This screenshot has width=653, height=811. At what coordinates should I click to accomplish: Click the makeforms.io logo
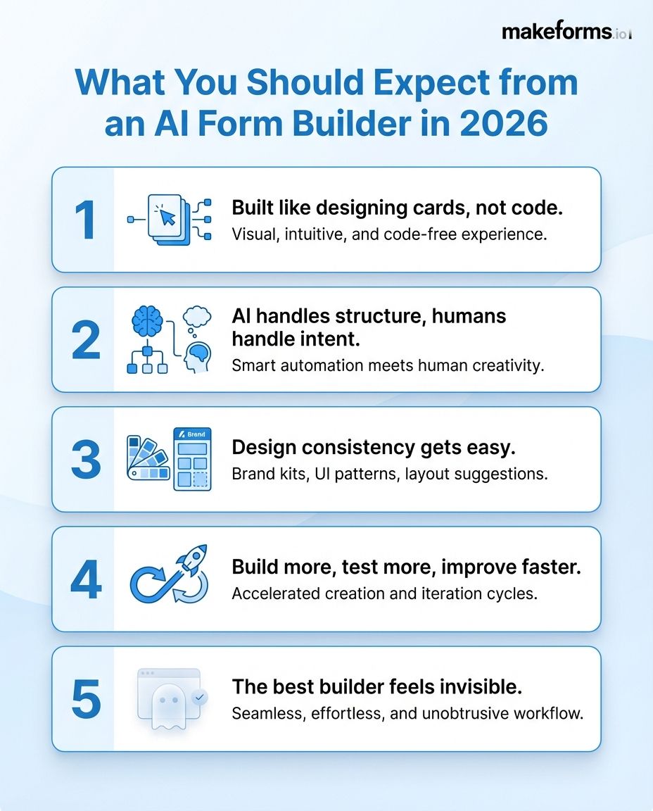(566, 32)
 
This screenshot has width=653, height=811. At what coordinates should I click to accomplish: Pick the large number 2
(86, 340)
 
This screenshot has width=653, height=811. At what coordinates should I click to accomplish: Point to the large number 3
(86, 460)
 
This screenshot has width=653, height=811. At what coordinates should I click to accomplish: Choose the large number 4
(86, 579)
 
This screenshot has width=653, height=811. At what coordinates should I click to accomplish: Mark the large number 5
(86, 699)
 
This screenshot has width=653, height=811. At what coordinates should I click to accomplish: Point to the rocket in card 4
(191, 560)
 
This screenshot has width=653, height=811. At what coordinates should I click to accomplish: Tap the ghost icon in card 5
(167, 704)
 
